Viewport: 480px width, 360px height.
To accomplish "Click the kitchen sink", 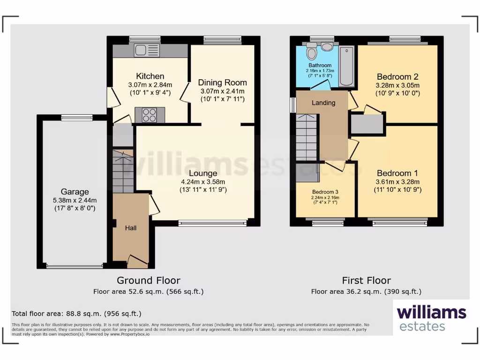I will pyautogui.click(x=147, y=50).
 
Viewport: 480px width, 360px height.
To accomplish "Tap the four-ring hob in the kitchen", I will pyautogui.click(x=150, y=115).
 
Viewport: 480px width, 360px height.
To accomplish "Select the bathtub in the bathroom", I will pyautogui.click(x=346, y=66).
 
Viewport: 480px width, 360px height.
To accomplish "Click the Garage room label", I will pyautogui.click(x=75, y=192).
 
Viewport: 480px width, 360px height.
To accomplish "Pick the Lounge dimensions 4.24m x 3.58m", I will pyautogui.click(x=202, y=182).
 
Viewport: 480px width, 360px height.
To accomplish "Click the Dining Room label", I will pyautogui.click(x=222, y=82).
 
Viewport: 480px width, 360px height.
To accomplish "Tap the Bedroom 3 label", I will pyautogui.click(x=325, y=192).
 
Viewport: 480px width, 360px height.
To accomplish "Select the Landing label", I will pyautogui.click(x=323, y=103).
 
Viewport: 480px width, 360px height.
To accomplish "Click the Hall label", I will pyautogui.click(x=131, y=228).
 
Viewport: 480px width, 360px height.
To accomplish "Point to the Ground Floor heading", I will pyautogui.click(x=148, y=280).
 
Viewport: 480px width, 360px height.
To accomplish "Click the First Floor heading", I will pyautogui.click(x=366, y=280).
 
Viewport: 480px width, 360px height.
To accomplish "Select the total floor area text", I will pyautogui.click(x=76, y=313).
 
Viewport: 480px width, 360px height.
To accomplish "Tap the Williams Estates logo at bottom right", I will pyautogui.click(x=431, y=318).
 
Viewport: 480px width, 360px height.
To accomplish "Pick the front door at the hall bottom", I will pyautogui.click(x=138, y=261).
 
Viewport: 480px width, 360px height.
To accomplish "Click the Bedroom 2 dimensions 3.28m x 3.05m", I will pyautogui.click(x=397, y=85).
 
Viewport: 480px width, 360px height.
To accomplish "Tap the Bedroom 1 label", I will pyautogui.click(x=397, y=172).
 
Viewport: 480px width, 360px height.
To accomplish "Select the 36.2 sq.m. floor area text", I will pyautogui.click(x=366, y=292).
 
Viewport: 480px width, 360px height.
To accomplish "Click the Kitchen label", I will pyautogui.click(x=150, y=76).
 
